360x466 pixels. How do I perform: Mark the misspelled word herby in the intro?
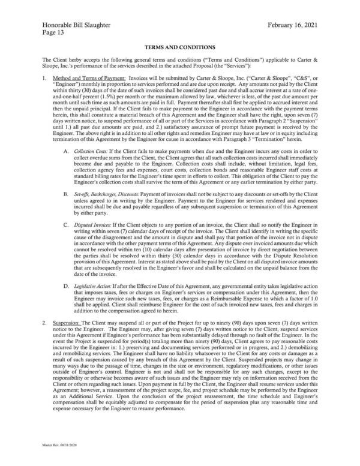click(x=70, y=60)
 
